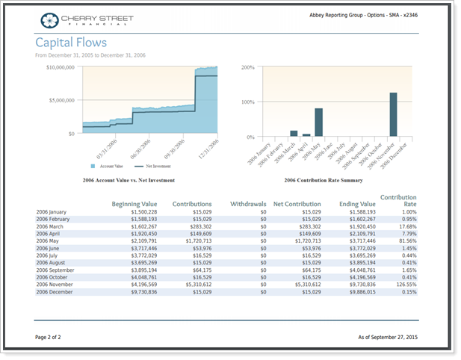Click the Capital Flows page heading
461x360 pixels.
click(x=71, y=43)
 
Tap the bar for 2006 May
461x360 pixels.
click(x=318, y=122)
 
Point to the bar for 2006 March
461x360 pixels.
click(x=294, y=134)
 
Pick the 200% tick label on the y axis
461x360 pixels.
click(x=247, y=67)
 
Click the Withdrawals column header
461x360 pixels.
click(x=248, y=203)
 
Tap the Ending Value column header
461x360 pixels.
click(x=356, y=203)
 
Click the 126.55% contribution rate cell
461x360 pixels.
click(x=404, y=284)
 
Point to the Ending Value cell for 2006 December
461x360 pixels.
click(x=357, y=292)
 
